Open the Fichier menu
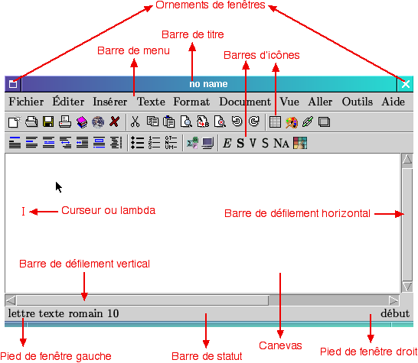click(x=26, y=102)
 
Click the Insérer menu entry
click(x=109, y=102)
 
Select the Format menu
click(x=191, y=102)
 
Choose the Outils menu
click(x=358, y=102)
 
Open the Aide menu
click(x=394, y=102)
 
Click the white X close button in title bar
click(x=406, y=84)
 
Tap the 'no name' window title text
click(x=208, y=84)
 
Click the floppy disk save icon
click(x=48, y=122)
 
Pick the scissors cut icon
click(x=136, y=122)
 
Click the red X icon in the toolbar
click(x=114, y=122)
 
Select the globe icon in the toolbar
click(x=98, y=122)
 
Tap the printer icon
click(x=65, y=122)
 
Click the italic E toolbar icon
click(x=227, y=143)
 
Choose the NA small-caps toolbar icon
click(x=281, y=143)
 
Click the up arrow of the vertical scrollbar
click(x=407, y=160)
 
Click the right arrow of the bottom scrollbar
click(x=394, y=300)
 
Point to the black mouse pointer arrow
click(x=59, y=187)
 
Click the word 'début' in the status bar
click(x=395, y=313)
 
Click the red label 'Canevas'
click(x=280, y=345)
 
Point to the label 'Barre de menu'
click(x=133, y=50)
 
